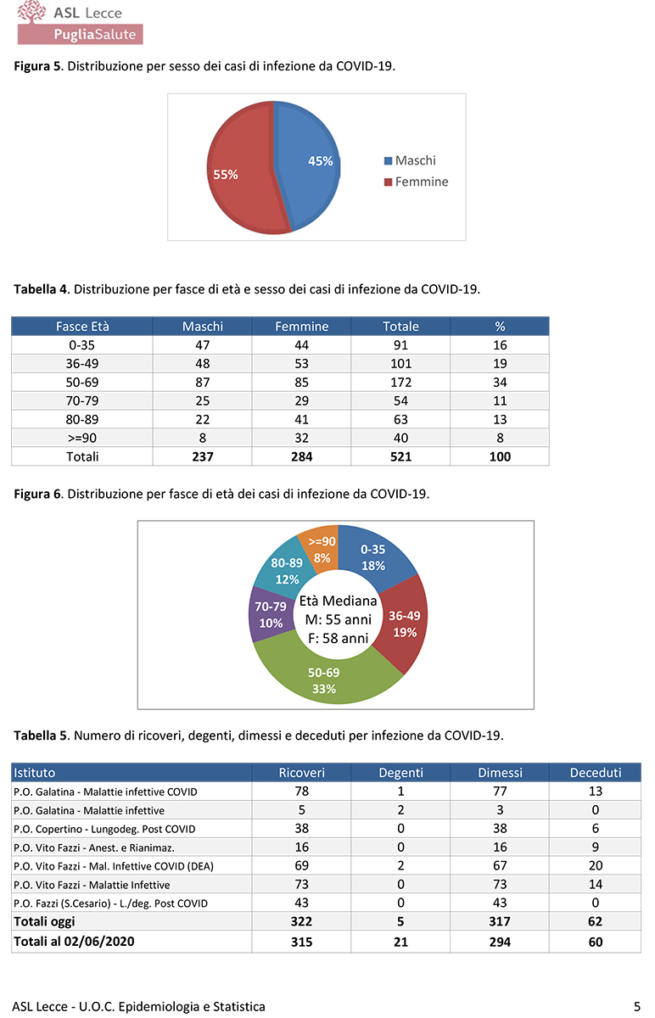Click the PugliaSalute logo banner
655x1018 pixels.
click(x=81, y=34)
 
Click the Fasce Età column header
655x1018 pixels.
click(x=82, y=327)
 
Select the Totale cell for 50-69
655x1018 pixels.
click(x=400, y=383)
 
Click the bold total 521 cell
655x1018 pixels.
click(x=400, y=456)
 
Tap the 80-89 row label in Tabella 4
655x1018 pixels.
click(x=82, y=419)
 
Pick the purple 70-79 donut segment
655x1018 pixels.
click(x=271, y=615)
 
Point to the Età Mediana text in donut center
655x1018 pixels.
click(x=338, y=601)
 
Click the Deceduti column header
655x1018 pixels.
click(x=595, y=773)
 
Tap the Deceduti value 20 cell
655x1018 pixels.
click(x=595, y=865)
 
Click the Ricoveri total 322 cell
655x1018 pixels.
click(x=302, y=922)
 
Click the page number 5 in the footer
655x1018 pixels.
click(x=636, y=1006)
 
